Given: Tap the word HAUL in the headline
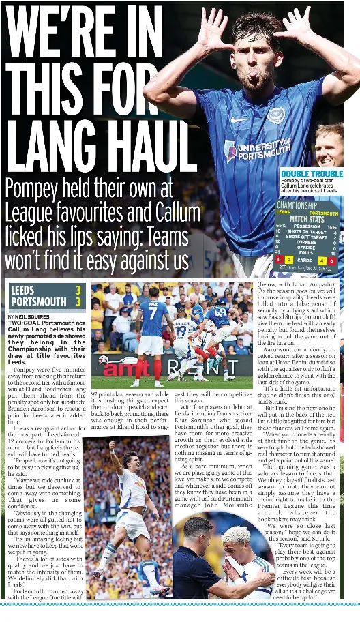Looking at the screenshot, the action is (147, 147).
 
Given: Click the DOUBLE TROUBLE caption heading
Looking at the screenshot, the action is (312, 174).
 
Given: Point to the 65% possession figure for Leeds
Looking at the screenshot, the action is (280, 226).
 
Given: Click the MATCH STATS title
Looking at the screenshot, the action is (307, 219).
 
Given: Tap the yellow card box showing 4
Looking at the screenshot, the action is (322, 261).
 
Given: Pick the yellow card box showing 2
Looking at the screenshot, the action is (288, 261).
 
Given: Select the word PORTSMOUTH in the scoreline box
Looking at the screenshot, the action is (39, 301).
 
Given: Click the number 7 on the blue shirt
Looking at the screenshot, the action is (153, 312).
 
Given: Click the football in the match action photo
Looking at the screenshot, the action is (104, 360).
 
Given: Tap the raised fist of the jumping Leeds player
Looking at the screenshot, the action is (112, 445).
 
